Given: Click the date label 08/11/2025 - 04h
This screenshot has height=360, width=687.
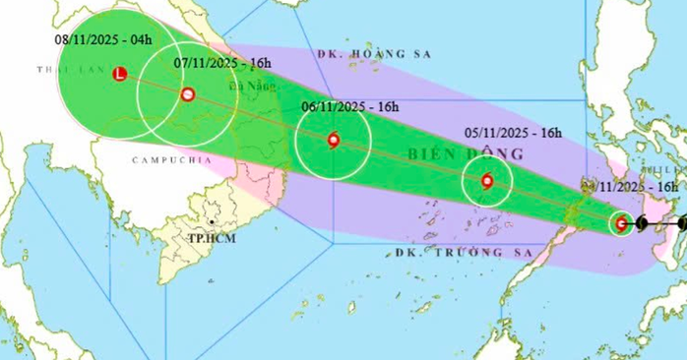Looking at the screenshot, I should pyautogui.click(x=104, y=38).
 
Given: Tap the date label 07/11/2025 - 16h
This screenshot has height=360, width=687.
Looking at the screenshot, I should pyautogui.click(x=222, y=61).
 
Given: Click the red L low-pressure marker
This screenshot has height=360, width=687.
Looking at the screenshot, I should pyautogui.click(x=120, y=73).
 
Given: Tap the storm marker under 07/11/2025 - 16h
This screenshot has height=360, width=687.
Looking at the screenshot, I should pyautogui.click(x=187, y=95).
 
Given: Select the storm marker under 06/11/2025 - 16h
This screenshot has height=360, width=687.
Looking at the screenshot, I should pyautogui.click(x=333, y=141).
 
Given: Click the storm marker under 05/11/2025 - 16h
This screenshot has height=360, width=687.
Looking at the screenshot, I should pyautogui.click(x=486, y=181).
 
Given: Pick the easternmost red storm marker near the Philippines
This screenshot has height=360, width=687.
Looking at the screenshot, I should pyautogui.click(x=621, y=223).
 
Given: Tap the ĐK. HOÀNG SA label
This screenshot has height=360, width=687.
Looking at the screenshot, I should pyautogui.click(x=362, y=52).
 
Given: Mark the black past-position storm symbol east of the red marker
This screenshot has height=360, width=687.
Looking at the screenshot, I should pyautogui.click(x=642, y=224).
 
